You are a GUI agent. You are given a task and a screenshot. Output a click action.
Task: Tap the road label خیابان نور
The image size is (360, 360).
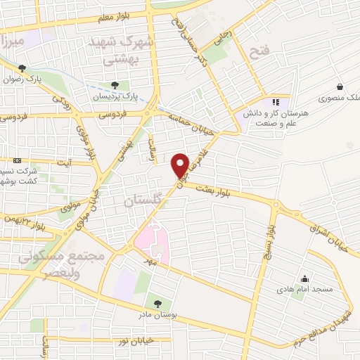tap(137, 340)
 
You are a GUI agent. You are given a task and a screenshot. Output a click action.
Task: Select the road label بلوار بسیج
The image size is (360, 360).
tap(269, 236)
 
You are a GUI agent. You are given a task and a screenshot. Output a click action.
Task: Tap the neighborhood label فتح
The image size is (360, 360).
tap(259, 50)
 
